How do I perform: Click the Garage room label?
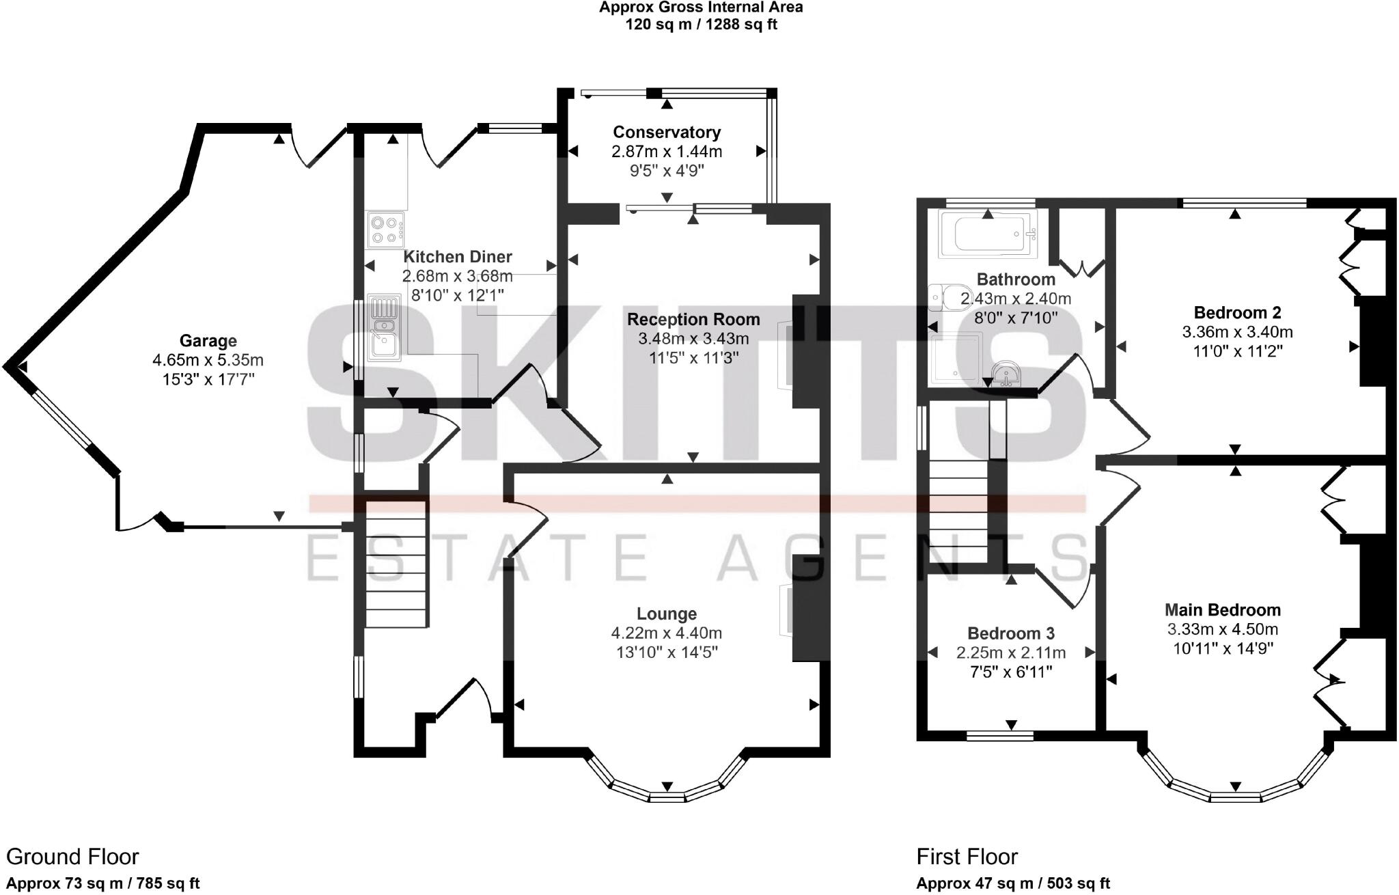pyautogui.click(x=208, y=340)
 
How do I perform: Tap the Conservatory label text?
pyautogui.click(x=667, y=132)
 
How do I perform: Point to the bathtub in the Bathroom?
pyautogui.click(x=987, y=234)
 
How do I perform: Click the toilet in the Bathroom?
pyautogui.click(x=945, y=297)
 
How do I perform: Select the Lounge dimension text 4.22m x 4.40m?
pyautogui.click(x=667, y=633)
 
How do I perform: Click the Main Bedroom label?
pyautogui.click(x=1222, y=609)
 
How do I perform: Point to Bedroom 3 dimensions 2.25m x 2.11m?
pyautogui.click(x=1011, y=652)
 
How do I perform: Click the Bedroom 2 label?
pyautogui.click(x=1237, y=312)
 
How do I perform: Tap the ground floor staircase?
pyautogui.click(x=397, y=564)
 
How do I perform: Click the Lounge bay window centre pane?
pyautogui.click(x=667, y=797)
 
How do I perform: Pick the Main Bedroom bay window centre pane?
pyautogui.click(x=1235, y=797)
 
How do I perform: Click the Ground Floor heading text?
pyautogui.click(x=72, y=857)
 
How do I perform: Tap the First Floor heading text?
pyautogui.click(x=967, y=857)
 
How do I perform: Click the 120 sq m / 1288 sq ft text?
pyautogui.click(x=701, y=25)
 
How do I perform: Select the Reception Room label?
pyautogui.click(x=693, y=319)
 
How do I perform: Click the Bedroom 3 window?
pyautogui.click(x=999, y=736)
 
